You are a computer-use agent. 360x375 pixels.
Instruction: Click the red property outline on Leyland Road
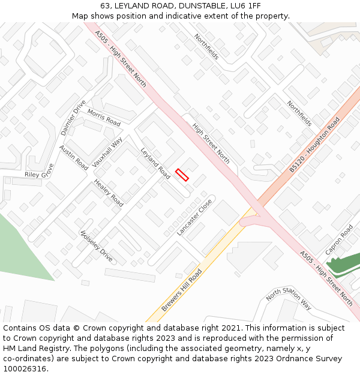(182, 175)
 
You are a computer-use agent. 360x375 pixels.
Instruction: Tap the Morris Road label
(104, 117)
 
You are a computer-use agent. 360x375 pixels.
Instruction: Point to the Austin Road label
(73, 157)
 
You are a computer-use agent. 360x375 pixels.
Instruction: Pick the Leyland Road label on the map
(155, 163)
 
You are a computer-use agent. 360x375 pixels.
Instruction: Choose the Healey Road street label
(109, 193)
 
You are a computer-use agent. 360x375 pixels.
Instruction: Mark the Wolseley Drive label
(96, 246)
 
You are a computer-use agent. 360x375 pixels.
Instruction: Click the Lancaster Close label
(195, 217)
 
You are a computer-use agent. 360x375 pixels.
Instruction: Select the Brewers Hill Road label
(181, 290)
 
